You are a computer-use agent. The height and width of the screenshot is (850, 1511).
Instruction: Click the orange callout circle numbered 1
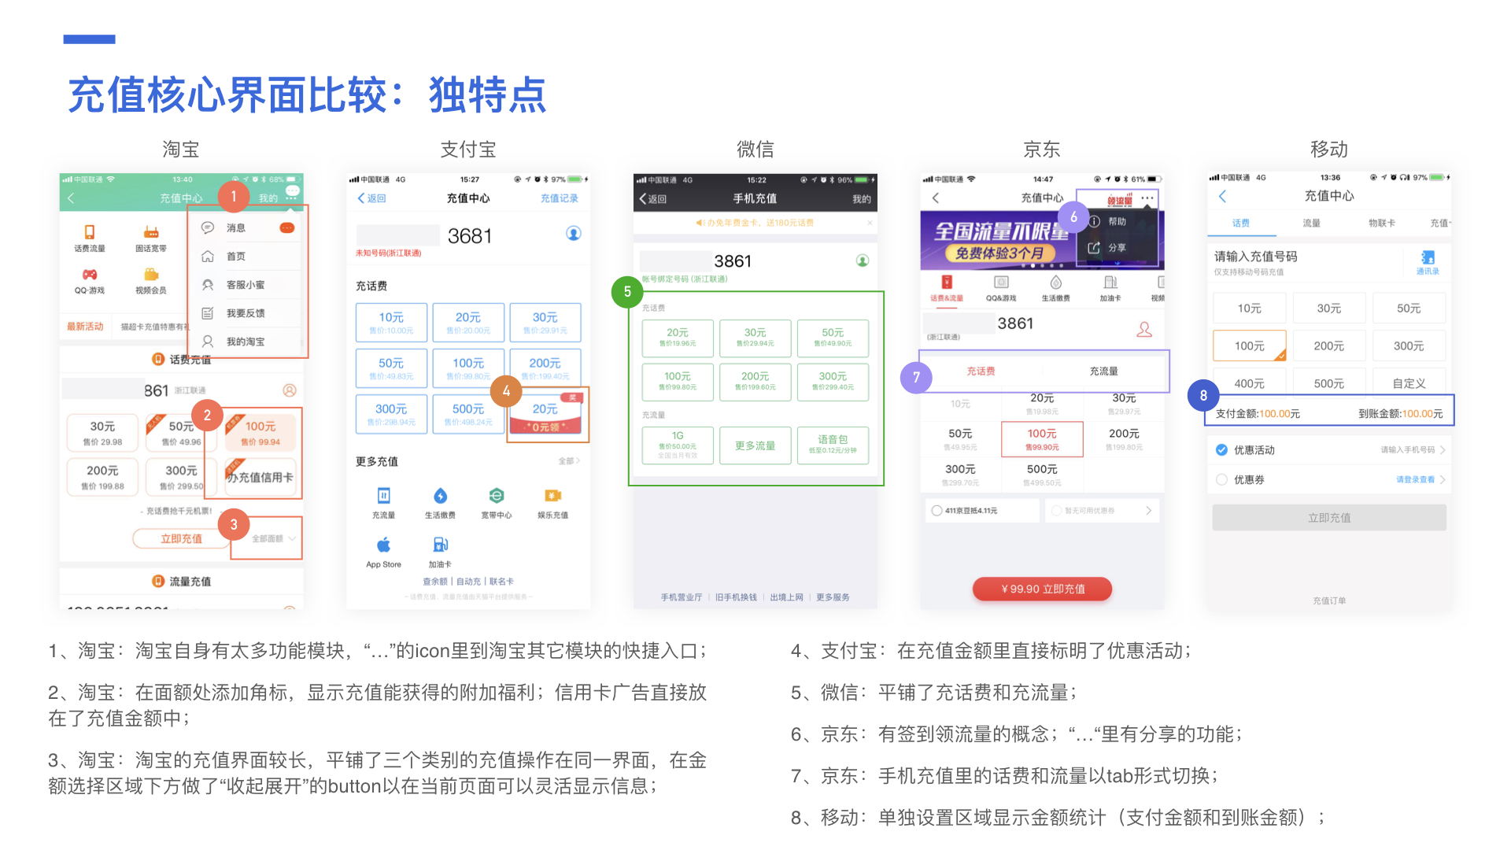(234, 197)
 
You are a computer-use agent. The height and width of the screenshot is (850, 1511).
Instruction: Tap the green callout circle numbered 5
(627, 292)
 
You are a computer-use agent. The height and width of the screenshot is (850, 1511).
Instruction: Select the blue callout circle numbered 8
(1203, 395)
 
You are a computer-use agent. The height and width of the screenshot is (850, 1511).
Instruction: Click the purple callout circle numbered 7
(916, 378)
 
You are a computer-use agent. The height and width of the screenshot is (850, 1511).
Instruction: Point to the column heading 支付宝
(468, 150)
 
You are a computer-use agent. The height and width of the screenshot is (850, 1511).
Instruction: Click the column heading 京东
(1041, 150)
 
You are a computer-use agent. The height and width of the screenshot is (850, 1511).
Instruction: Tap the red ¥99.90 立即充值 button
(1042, 589)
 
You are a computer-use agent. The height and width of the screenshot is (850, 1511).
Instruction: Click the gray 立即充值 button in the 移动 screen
(1328, 518)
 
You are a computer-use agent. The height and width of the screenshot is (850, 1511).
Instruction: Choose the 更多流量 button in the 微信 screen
(755, 446)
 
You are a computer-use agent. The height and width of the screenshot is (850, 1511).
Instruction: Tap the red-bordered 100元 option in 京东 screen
(1042, 438)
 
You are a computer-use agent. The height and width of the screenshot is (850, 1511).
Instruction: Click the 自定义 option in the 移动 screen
(1409, 383)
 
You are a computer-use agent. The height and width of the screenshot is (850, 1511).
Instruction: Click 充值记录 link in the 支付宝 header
(559, 198)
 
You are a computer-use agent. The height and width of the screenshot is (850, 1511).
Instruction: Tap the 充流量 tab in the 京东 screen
(1103, 371)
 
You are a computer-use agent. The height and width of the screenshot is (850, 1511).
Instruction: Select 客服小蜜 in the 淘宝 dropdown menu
(246, 285)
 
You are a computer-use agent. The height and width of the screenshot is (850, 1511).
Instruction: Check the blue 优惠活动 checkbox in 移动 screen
(1221, 450)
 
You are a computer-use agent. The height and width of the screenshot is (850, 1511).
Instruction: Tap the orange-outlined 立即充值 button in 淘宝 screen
(181, 539)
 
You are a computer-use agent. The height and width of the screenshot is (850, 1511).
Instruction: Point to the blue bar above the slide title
(90, 39)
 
